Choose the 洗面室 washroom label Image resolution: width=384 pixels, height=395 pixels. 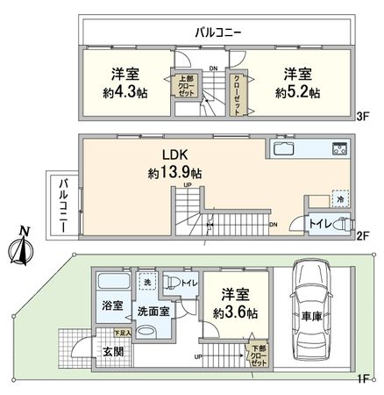point(152,311)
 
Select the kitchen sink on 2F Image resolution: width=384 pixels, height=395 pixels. point(287,148)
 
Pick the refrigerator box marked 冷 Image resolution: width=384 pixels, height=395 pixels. point(338,199)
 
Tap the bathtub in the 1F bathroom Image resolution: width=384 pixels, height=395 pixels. point(112,284)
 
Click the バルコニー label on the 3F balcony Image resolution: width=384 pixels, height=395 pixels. point(218,31)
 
